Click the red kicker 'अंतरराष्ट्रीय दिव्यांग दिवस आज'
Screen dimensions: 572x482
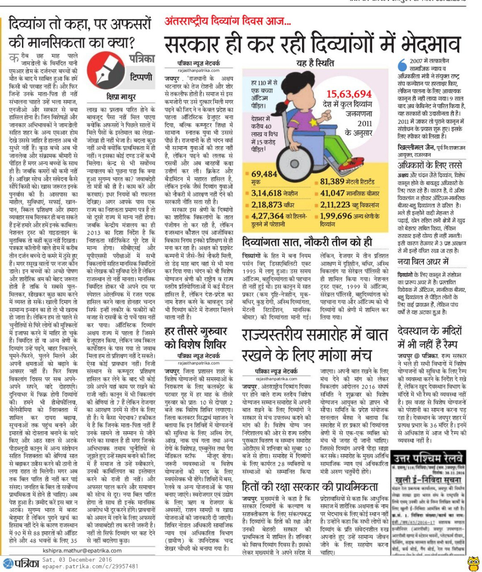[x=228, y=21]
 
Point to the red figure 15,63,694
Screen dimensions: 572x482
[x=349, y=94]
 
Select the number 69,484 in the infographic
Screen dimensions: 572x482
[x=264, y=174]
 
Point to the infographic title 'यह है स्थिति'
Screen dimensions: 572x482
[x=315, y=63]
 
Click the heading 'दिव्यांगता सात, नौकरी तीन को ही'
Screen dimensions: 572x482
[x=307, y=242]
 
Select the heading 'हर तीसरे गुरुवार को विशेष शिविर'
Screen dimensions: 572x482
[x=196, y=337]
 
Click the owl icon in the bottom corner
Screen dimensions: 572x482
[x=473, y=562]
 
